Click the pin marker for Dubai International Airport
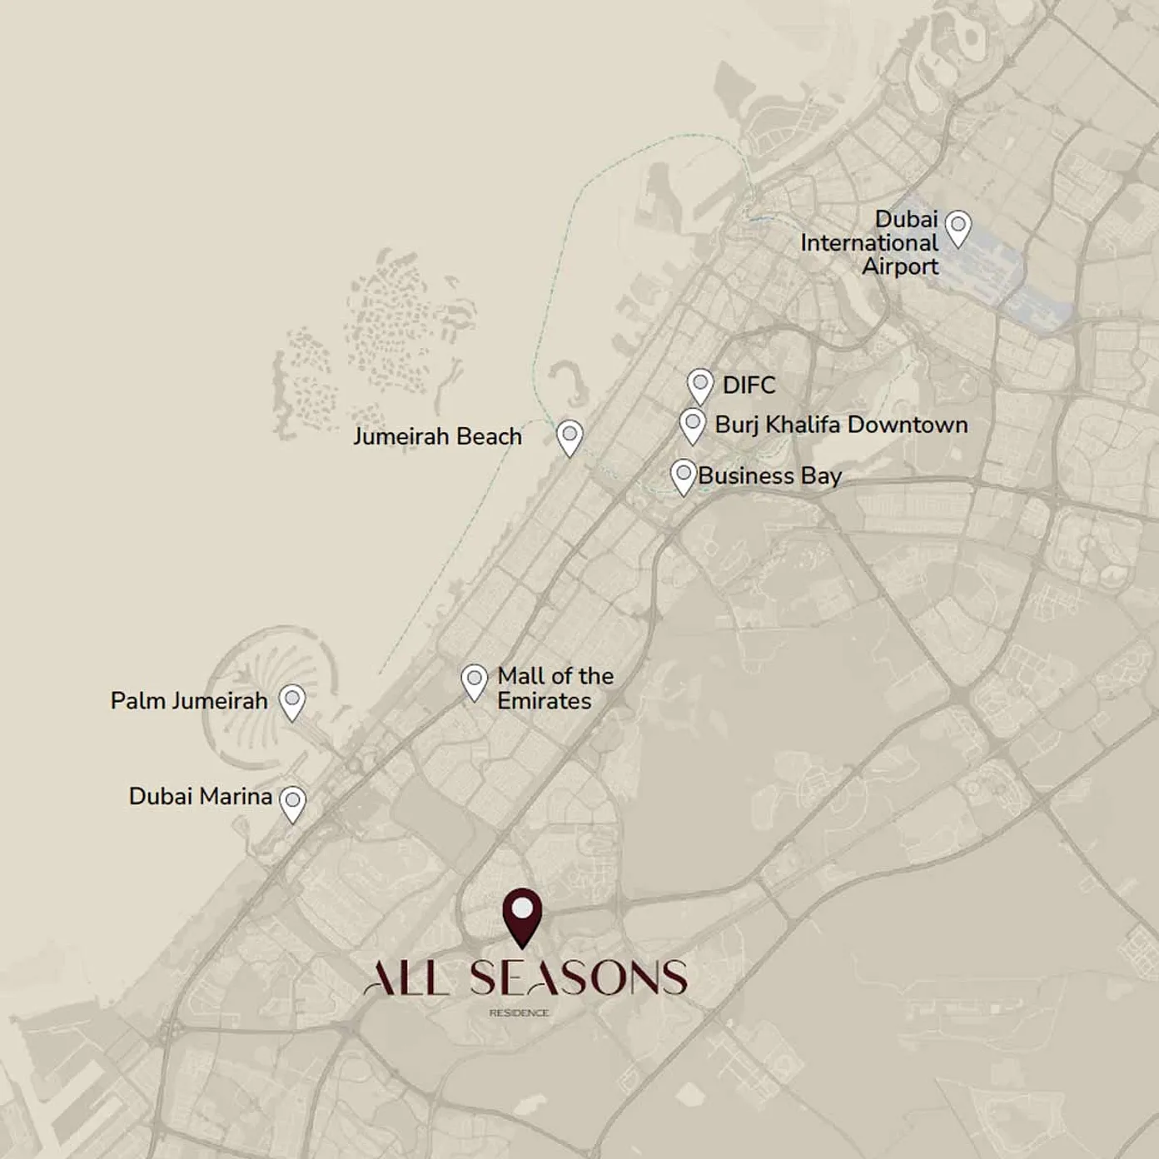(958, 226)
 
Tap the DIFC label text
(749, 386)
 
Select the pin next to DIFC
(700, 386)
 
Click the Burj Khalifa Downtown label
(841, 425)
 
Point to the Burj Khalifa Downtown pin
(692, 424)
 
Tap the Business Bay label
(769, 476)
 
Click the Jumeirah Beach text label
(437, 436)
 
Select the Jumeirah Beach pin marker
(570, 435)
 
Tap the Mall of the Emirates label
(555, 688)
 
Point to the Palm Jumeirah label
(189, 701)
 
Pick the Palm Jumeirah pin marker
(291, 700)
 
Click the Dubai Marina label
(200, 797)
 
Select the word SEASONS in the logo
(578, 978)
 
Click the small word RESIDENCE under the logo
(519, 1013)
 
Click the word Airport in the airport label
(899, 266)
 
